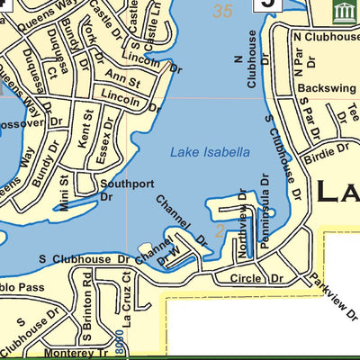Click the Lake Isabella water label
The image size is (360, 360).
[210, 153]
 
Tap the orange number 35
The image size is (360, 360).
[222, 11]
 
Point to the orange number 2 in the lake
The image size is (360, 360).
[219, 231]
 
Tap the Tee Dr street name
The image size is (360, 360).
[352, 115]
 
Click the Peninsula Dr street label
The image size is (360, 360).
[265, 219]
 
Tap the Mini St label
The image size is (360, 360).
[64, 192]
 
